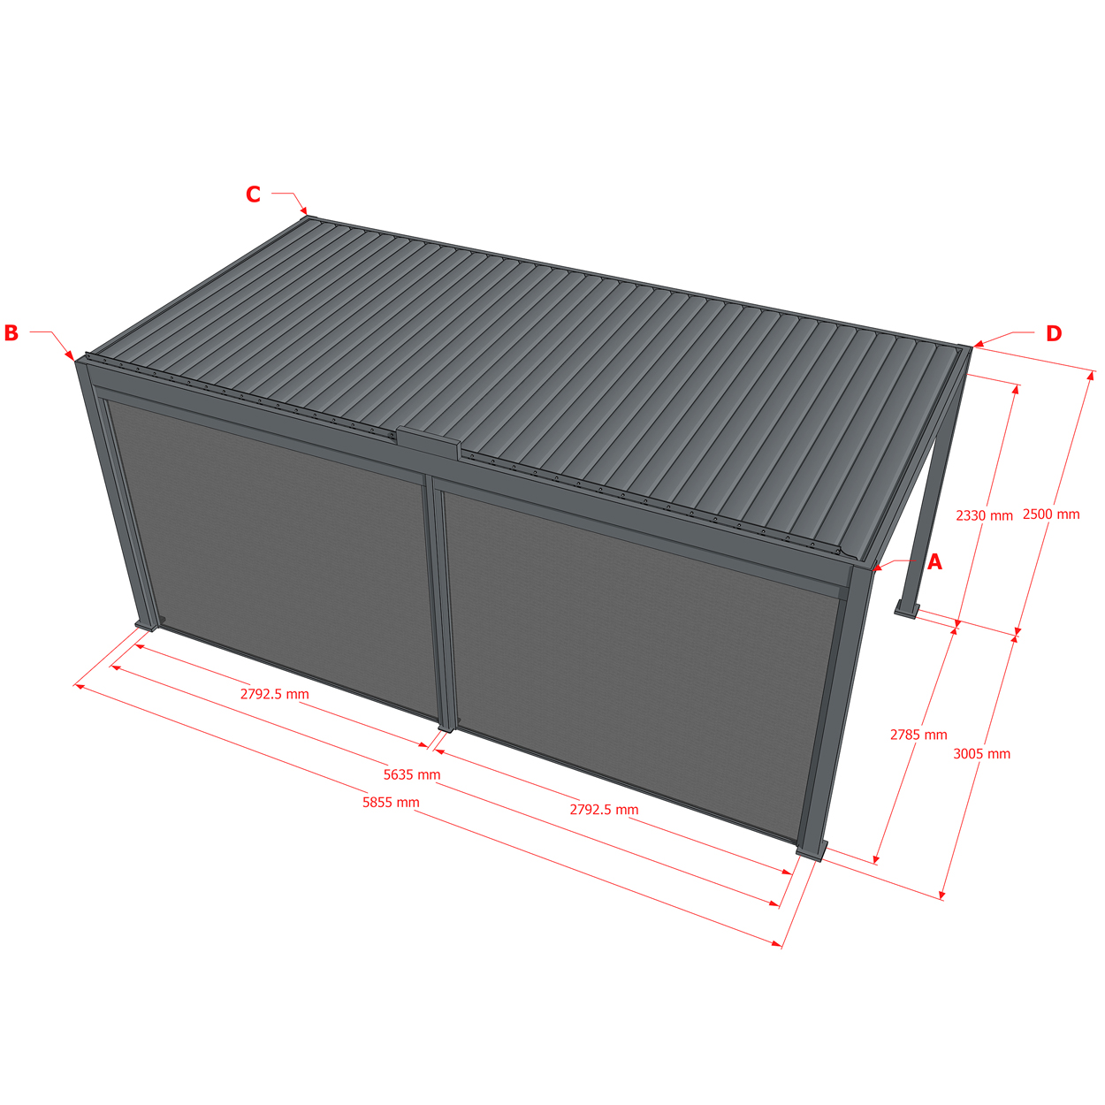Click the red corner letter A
pos(934,562)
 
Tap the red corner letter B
pos(11,333)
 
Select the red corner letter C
pos(253,194)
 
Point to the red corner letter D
pos(1054,333)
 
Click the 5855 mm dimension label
pos(391,802)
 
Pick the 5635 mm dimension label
pos(412,774)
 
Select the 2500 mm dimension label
pos(1051,514)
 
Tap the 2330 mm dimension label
pos(985,515)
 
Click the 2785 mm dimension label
pos(918,735)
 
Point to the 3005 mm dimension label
pos(982,753)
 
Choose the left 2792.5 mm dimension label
pos(275,694)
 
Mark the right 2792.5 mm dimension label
pos(604,809)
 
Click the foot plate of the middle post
pos(446,729)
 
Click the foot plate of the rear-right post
pos(906,612)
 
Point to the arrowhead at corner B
pos(71,356)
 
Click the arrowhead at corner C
pos(304,210)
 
